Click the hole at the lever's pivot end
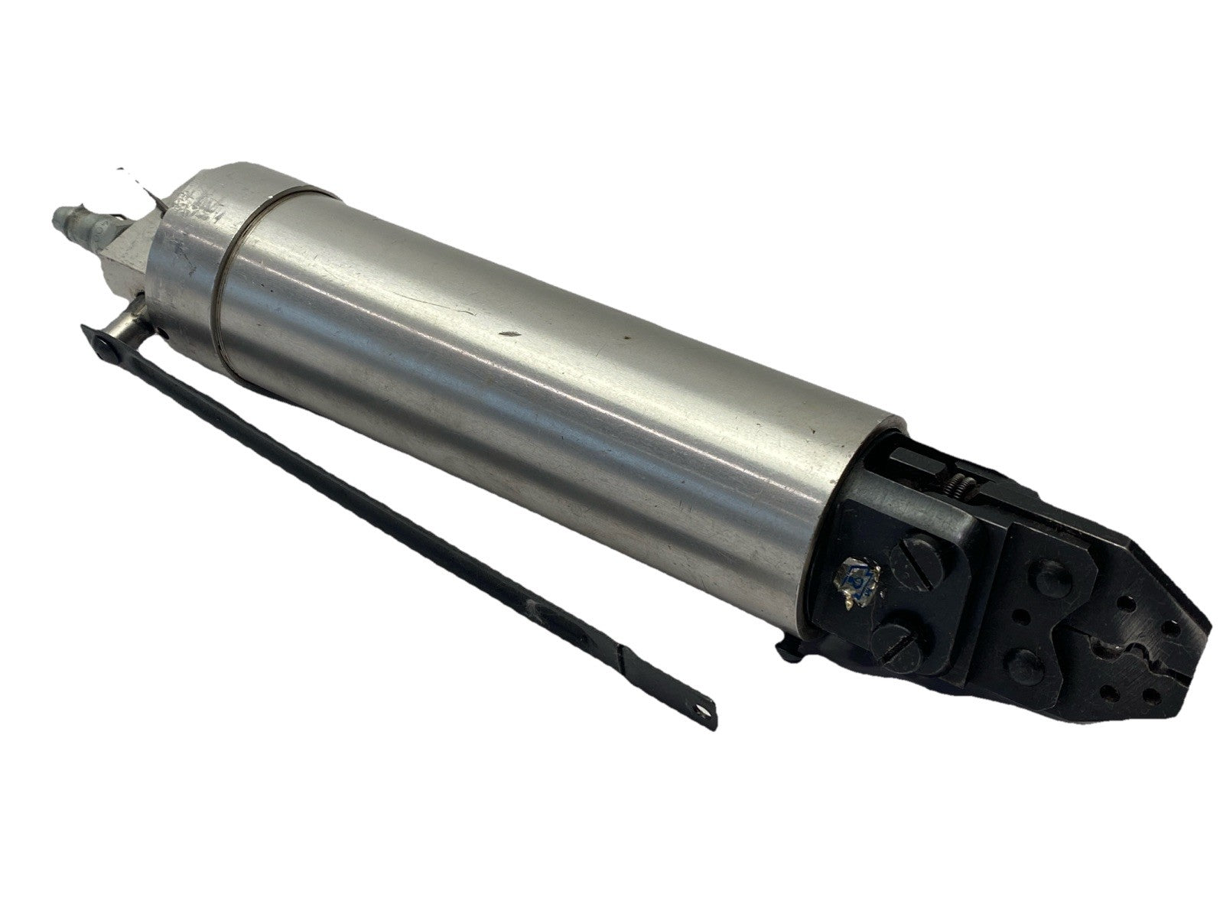click(106, 346)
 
